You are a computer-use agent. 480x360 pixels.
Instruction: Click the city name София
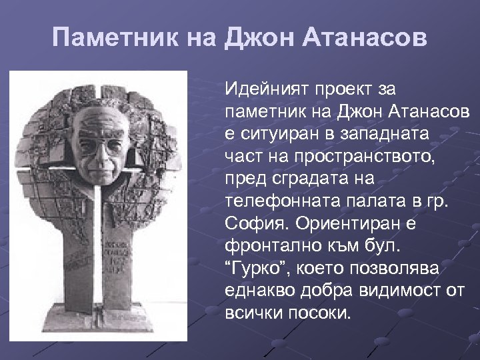click(x=254, y=223)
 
